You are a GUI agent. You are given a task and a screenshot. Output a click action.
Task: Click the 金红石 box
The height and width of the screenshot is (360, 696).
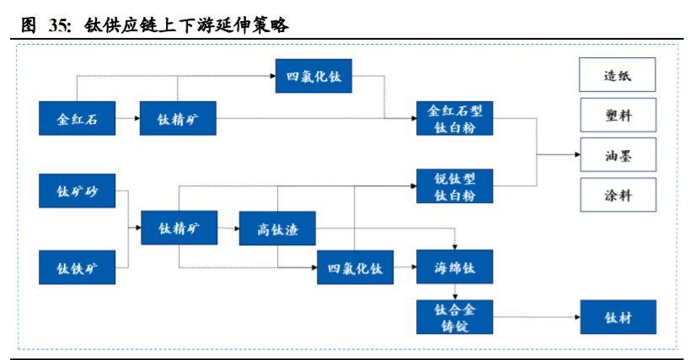[78, 118]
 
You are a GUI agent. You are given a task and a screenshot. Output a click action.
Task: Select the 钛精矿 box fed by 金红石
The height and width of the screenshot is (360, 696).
[178, 118]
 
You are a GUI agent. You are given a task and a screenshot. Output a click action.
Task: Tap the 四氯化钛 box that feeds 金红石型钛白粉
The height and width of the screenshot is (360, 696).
[314, 76]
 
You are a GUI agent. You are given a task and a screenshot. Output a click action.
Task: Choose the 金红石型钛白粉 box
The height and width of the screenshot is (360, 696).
[454, 118]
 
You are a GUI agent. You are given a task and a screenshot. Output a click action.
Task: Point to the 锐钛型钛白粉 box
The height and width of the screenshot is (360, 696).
[454, 186]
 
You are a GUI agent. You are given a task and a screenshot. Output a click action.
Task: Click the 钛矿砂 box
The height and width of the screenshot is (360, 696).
[78, 191]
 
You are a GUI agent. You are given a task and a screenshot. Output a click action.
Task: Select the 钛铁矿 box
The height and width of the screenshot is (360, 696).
[78, 267]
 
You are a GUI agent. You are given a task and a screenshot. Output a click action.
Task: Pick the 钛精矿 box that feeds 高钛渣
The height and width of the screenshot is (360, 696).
[178, 228]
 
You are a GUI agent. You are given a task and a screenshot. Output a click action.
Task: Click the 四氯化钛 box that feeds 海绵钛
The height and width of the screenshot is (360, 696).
[355, 267]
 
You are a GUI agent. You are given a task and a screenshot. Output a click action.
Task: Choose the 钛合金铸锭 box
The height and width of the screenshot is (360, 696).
[454, 317]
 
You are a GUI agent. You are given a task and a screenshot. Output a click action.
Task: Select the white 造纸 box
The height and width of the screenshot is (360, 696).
[617, 76]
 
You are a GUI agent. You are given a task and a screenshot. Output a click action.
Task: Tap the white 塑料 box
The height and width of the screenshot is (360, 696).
[617, 116]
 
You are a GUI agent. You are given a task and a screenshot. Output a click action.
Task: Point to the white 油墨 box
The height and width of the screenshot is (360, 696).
[617, 155]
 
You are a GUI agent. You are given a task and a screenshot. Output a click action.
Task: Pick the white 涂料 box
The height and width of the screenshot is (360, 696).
[617, 195]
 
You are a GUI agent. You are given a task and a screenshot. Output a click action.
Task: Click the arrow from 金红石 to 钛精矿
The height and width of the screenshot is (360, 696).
[128, 119]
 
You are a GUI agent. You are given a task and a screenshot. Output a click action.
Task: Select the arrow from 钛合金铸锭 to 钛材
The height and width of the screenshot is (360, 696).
[536, 318]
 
